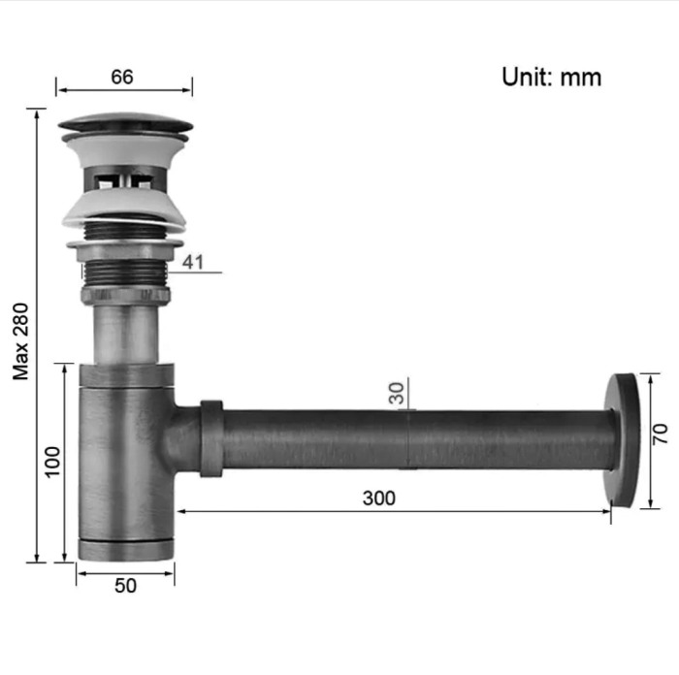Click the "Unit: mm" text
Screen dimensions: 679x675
(x=551, y=78)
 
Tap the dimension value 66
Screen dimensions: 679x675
(x=122, y=77)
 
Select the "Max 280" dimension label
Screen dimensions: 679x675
(x=20, y=341)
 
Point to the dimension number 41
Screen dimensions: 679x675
(x=193, y=262)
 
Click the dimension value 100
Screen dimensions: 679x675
(x=52, y=462)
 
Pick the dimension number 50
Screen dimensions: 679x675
(x=125, y=586)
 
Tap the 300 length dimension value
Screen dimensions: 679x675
(x=379, y=498)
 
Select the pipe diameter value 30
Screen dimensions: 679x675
(x=396, y=393)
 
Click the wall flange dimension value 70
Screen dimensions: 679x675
(x=661, y=434)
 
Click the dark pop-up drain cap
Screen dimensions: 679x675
(x=125, y=122)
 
